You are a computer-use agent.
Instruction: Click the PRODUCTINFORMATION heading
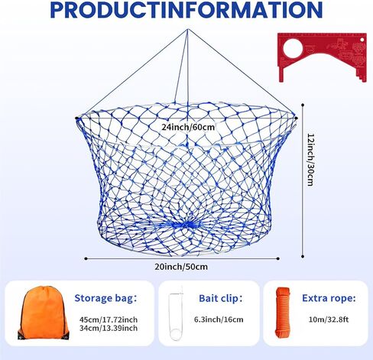tap(186, 10)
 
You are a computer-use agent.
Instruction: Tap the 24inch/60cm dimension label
tap(188, 127)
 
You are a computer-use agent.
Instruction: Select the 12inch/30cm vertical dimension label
tap(310, 160)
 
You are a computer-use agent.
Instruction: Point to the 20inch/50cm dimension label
tap(181, 267)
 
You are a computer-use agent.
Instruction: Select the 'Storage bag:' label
tap(105, 298)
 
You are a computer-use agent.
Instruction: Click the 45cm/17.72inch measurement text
tap(109, 319)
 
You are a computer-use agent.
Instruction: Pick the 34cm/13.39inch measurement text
tap(109, 328)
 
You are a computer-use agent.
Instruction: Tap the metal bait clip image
tap(176, 315)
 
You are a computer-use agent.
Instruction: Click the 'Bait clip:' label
tap(221, 298)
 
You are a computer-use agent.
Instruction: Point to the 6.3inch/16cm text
tap(219, 319)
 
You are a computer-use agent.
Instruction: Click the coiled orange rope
tap(283, 314)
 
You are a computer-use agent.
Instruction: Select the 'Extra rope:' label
tap(329, 298)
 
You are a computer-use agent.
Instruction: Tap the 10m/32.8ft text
tap(329, 319)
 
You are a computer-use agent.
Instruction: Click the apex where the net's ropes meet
tap(188, 30)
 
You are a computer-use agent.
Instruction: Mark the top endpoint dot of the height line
tap(303, 105)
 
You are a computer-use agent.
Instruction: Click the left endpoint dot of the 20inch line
tap(86, 258)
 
